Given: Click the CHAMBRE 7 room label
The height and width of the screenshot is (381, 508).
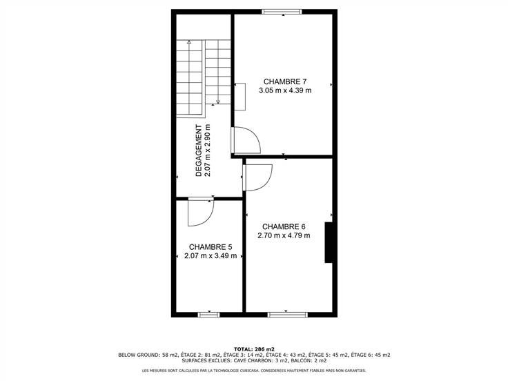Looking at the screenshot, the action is (x=285, y=81).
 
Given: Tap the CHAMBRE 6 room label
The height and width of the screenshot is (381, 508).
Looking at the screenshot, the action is (x=284, y=227).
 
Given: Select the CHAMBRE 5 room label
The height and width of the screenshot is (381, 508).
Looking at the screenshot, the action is (x=211, y=247).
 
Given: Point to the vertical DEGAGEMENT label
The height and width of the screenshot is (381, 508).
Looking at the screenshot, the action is (x=199, y=150).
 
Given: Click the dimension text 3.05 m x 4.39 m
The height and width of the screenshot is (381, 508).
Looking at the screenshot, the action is (x=285, y=90).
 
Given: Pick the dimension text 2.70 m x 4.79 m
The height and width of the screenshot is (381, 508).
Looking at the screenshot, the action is (x=284, y=235).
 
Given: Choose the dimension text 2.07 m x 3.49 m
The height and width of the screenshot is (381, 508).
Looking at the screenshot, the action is (x=211, y=256).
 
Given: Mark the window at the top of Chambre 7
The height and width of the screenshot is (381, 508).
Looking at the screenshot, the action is (x=282, y=12).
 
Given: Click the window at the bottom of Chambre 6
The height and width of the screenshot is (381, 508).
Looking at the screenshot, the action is (x=287, y=314).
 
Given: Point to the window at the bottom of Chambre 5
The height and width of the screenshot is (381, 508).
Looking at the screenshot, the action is (x=208, y=314).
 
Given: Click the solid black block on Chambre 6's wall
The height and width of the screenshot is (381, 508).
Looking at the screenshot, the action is (x=329, y=242).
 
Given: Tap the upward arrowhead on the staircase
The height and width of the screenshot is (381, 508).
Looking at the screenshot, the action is (x=189, y=42).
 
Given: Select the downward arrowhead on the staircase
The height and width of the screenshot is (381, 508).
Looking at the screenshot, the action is (x=218, y=101).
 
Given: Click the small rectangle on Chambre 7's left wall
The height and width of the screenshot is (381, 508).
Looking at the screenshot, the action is (x=240, y=97).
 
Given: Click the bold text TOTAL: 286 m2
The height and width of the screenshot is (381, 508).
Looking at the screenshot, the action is (x=254, y=349).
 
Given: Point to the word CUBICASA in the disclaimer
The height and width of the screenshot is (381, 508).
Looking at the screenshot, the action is (x=248, y=371).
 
